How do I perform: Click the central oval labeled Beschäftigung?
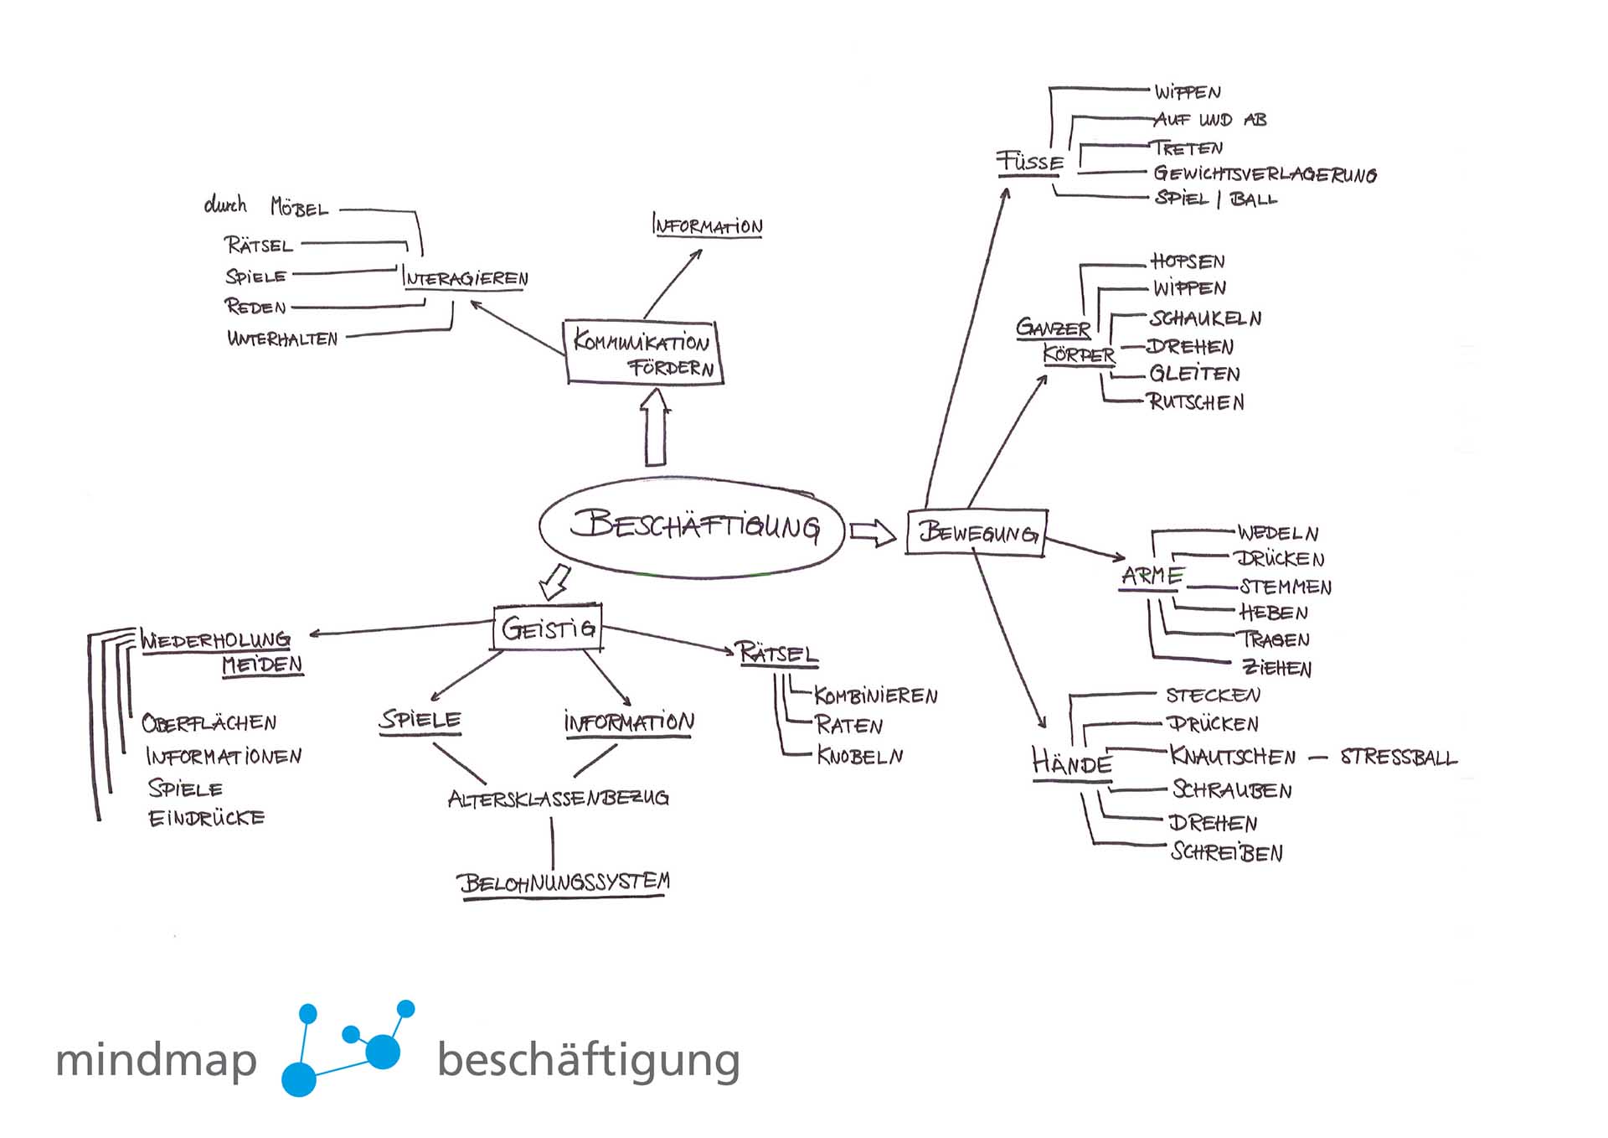[x=692, y=527]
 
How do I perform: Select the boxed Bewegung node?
[x=977, y=532]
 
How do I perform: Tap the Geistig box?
[x=548, y=628]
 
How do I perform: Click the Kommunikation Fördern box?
[x=643, y=353]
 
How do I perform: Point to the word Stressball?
[x=1399, y=758]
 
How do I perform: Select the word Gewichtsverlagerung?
[x=1265, y=174]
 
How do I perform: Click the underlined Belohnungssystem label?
[x=564, y=883]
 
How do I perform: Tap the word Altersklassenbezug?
[x=559, y=799]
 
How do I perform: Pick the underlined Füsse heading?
[x=1030, y=162]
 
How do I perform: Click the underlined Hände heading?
[x=1072, y=763]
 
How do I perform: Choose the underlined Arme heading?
[x=1152, y=577]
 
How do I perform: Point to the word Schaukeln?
[x=1205, y=318]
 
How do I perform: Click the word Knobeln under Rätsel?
[x=860, y=756]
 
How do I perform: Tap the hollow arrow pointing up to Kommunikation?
[x=655, y=428]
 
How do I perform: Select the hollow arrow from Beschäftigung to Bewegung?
[x=873, y=532]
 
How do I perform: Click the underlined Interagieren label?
[x=465, y=278]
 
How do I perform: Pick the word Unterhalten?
[x=282, y=339]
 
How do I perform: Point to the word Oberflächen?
[x=209, y=723]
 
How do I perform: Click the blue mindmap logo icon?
[x=348, y=1047]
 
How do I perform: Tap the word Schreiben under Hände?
[x=1227, y=852]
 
